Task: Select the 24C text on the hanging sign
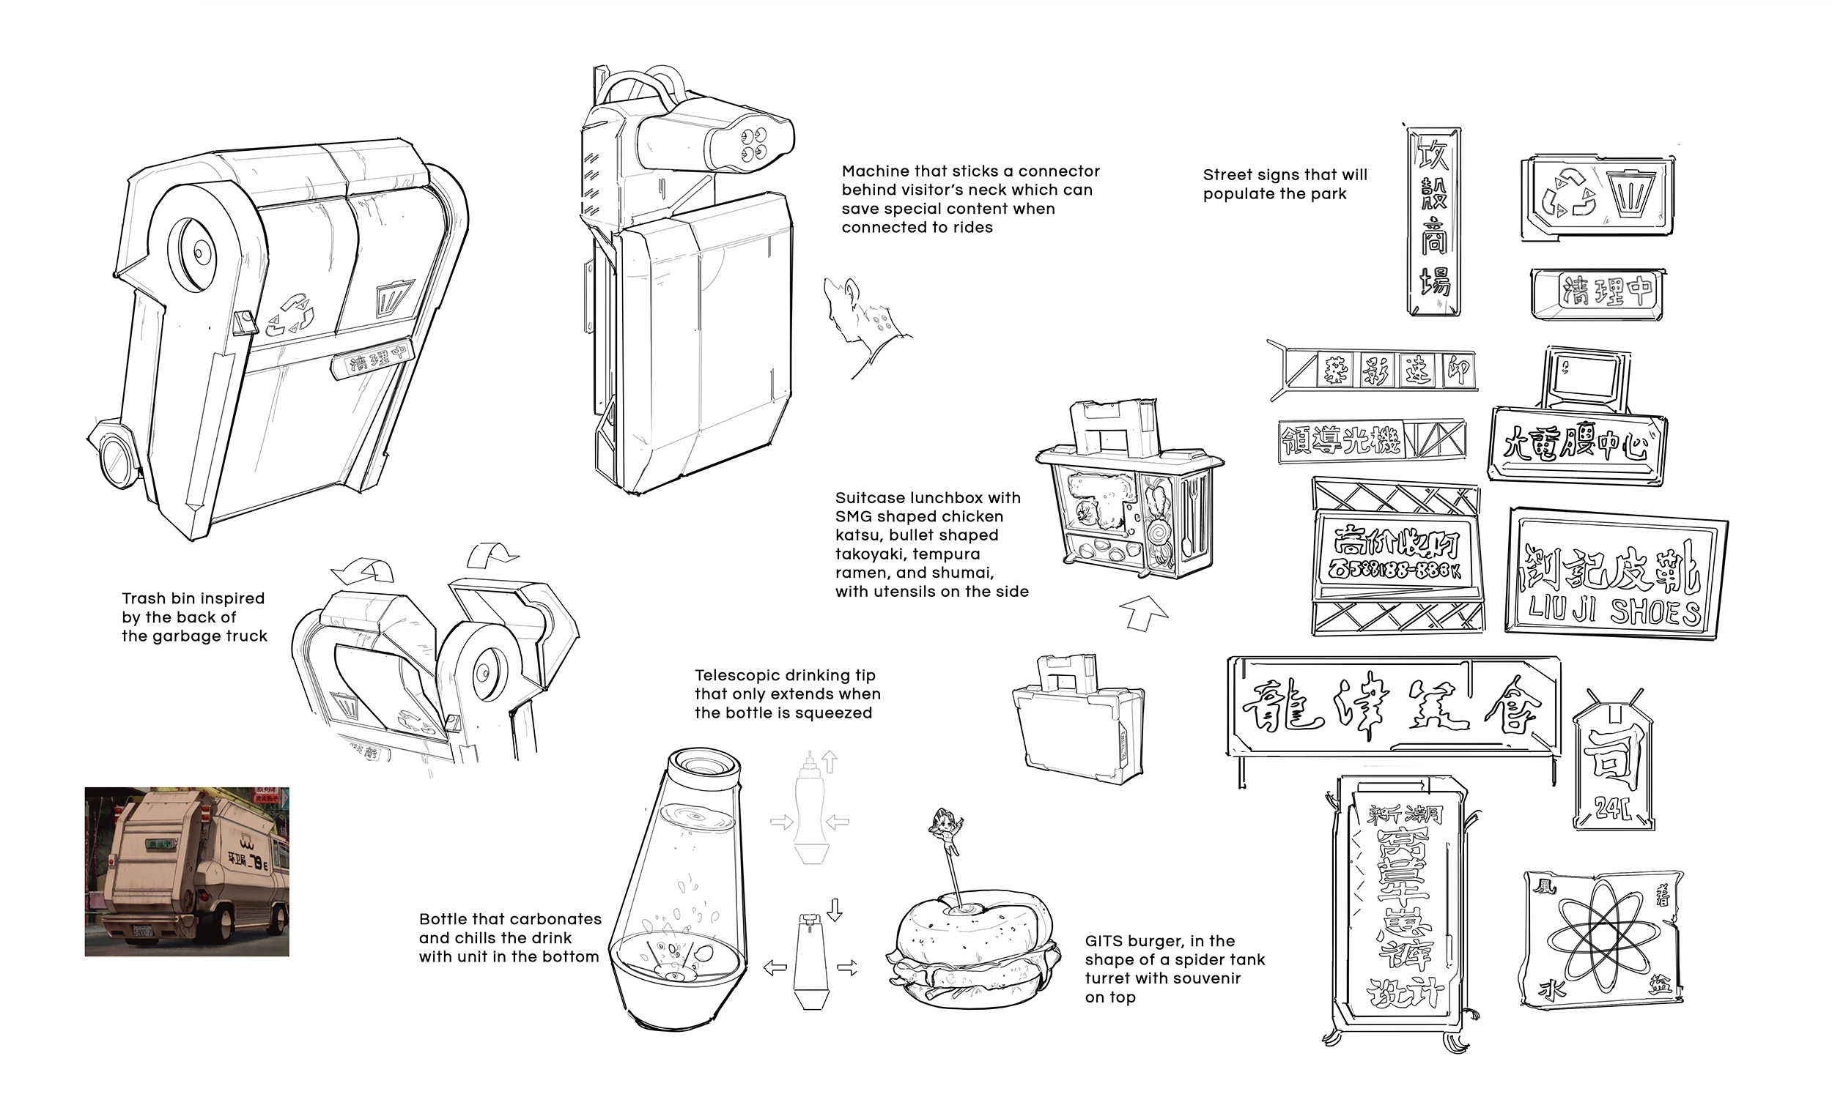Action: [1612, 808]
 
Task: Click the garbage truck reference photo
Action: [186, 871]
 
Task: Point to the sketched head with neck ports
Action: [858, 318]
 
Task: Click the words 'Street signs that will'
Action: [1285, 175]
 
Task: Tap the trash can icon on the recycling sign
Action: [1630, 193]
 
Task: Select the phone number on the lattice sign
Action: [1395, 569]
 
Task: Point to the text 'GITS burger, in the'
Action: [1159, 941]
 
